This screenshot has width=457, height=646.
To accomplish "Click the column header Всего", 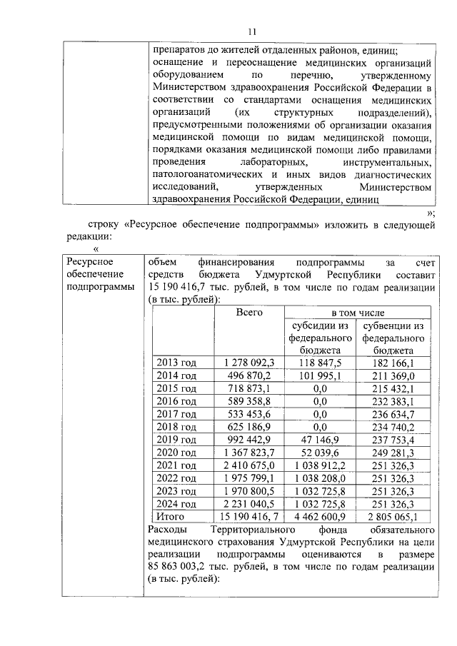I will click(x=250, y=313).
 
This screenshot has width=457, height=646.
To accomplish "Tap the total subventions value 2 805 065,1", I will click(x=393, y=517).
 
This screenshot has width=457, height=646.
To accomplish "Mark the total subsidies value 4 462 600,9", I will click(x=321, y=517).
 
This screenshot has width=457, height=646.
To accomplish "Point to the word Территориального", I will click(x=251, y=530).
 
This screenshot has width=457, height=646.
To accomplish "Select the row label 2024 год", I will click(x=176, y=504).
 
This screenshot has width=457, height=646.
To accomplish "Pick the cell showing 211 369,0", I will click(x=393, y=375).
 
